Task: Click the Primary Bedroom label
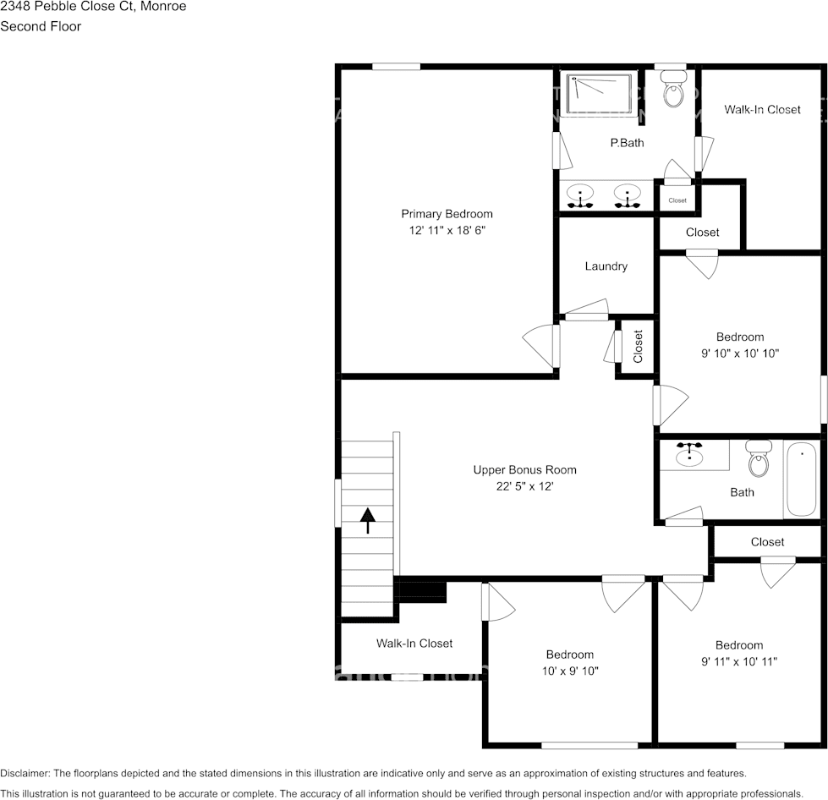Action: (x=447, y=214)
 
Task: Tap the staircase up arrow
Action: (x=368, y=520)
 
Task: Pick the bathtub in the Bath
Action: (x=801, y=479)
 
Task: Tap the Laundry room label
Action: (x=606, y=266)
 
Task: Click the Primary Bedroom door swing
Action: (x=539, y=346)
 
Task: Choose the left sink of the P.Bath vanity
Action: (x=579, y=195)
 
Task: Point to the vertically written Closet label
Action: (x=638, y=346)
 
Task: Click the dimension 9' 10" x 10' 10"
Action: (x=739, y=353)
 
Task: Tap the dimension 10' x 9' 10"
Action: (x=569, y=671)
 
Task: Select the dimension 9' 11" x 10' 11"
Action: (x=738, y=661)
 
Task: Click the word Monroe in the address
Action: (x=165, y=7)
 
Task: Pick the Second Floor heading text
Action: (x=41, y=26)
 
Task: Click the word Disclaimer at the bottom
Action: (x=25, y=773)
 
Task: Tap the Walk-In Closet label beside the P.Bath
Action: (x=761, y=109)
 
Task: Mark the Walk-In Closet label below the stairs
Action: (x=414, y=644)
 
